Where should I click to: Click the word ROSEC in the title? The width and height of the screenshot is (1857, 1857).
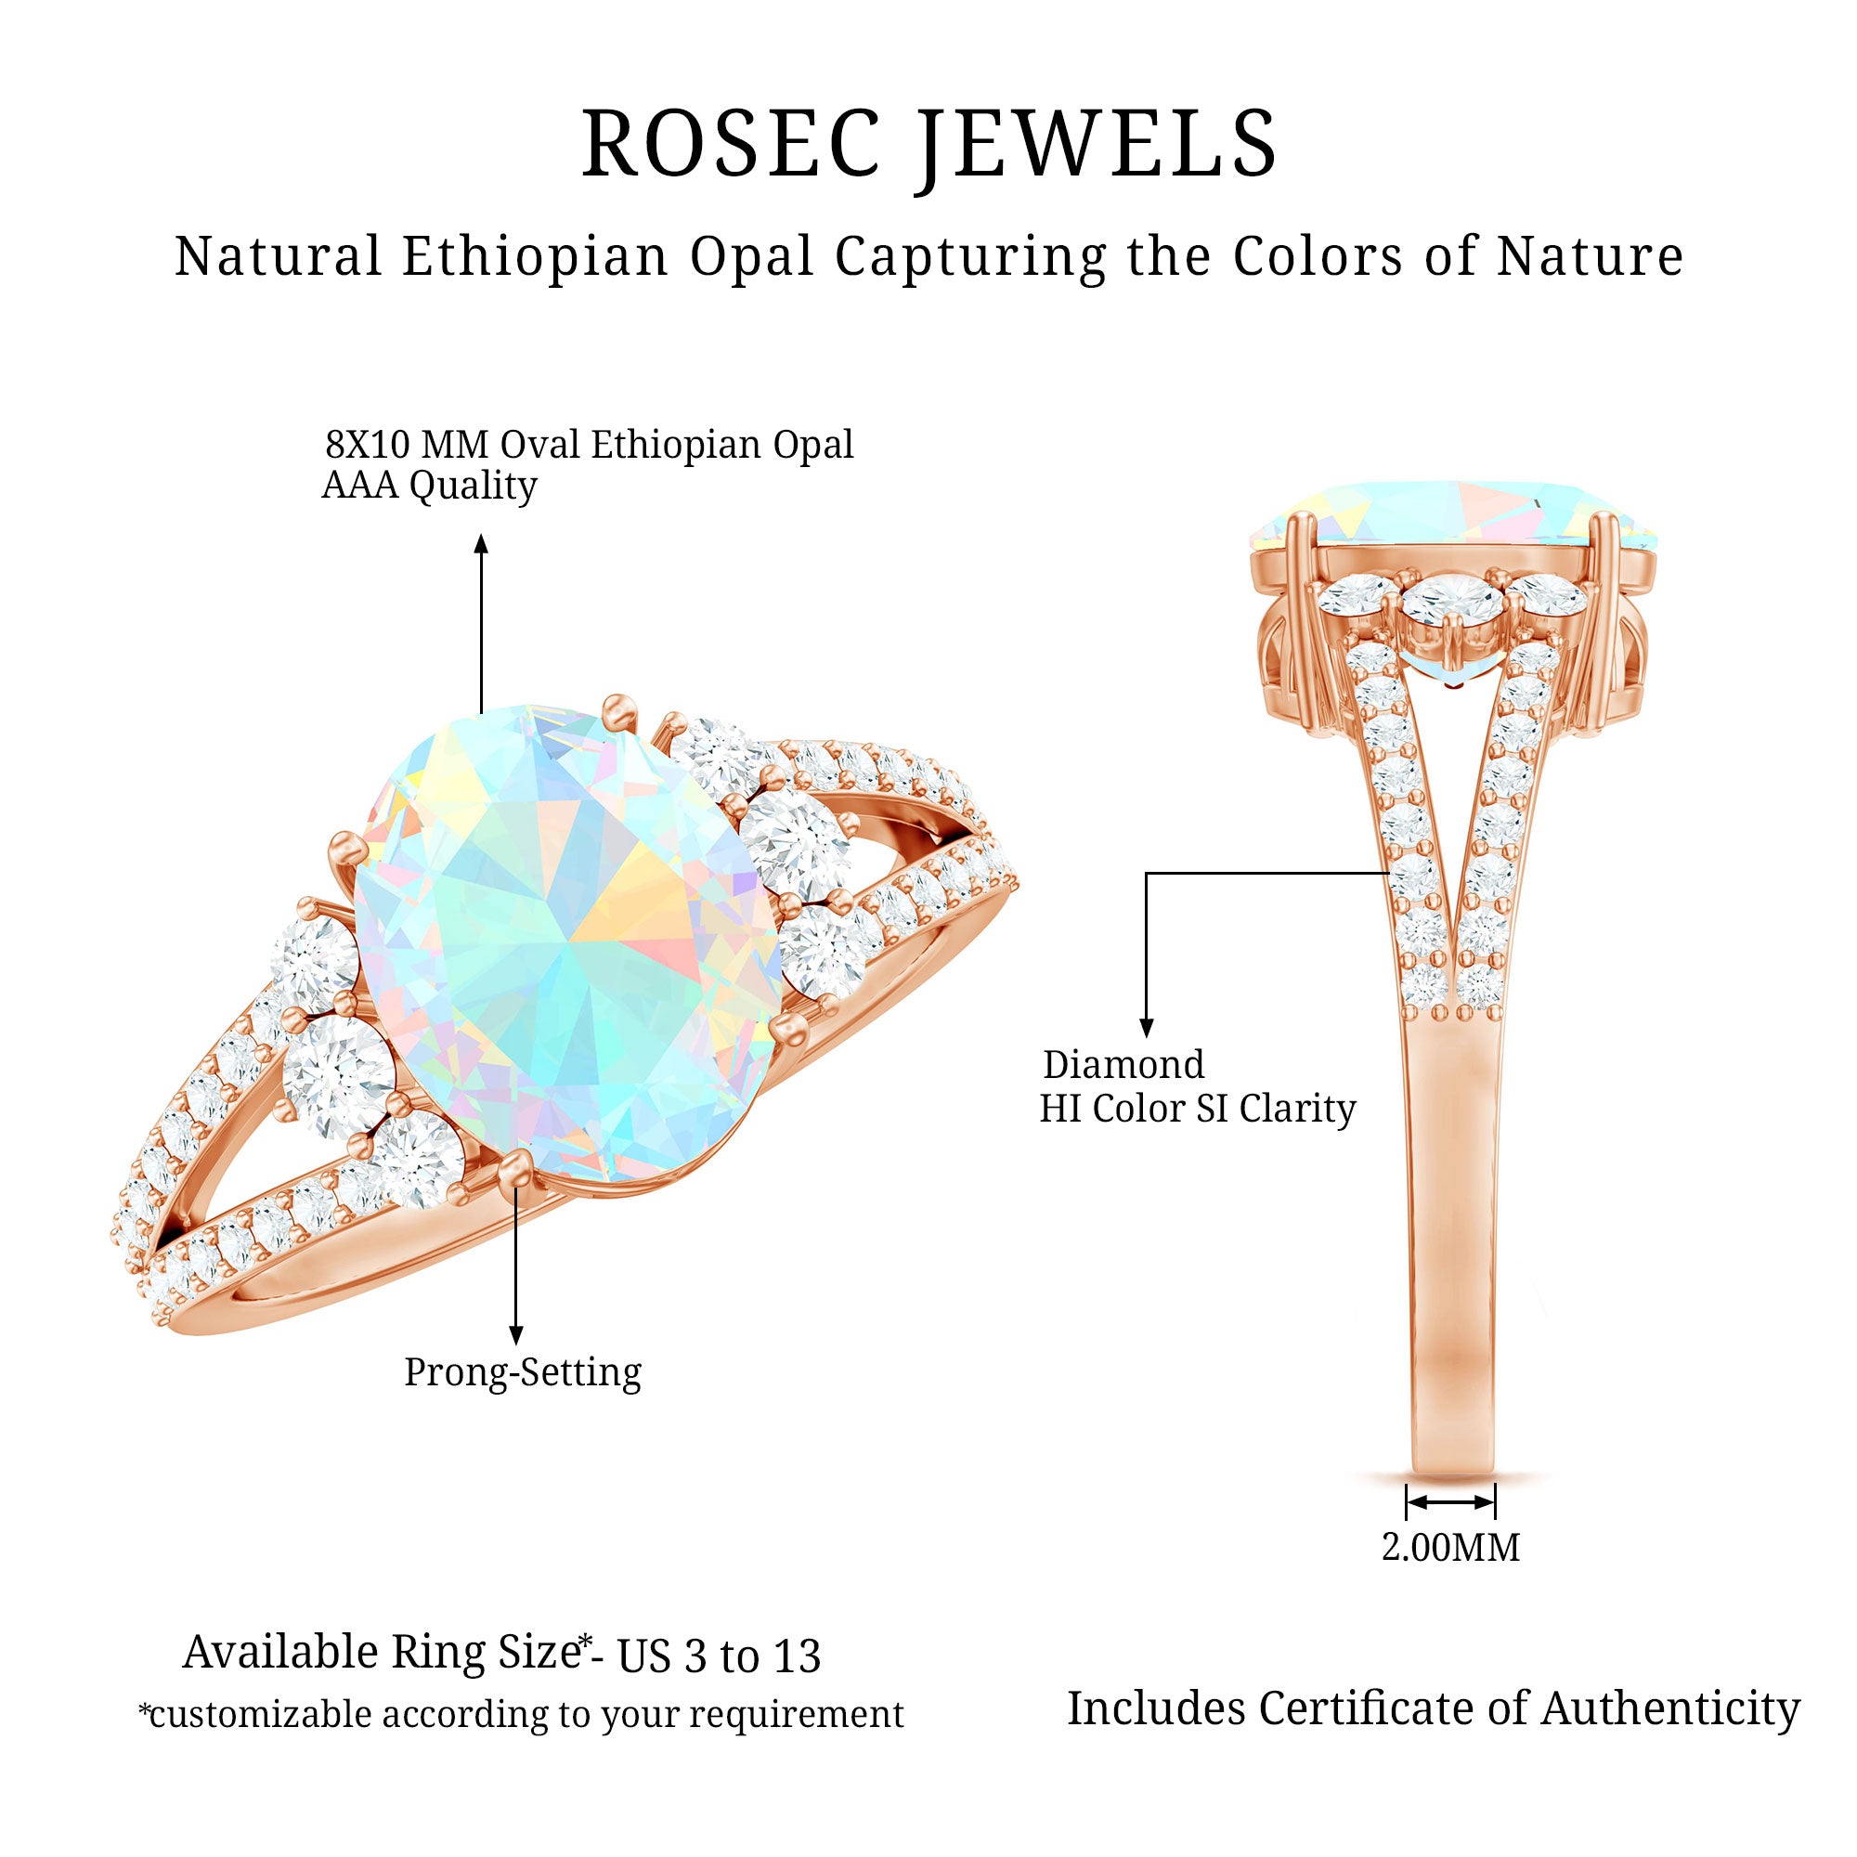(x=731, y=144)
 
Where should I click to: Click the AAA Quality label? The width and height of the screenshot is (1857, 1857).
(x=429, y=486)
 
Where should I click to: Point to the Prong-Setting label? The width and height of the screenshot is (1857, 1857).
(x=522, y=1371)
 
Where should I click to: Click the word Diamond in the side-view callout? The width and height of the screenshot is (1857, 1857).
(x=1123, y=1065)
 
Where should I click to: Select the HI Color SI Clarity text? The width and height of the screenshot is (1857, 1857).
(x=1197, y=1109)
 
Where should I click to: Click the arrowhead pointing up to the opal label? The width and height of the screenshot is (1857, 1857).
(x=482, y=544)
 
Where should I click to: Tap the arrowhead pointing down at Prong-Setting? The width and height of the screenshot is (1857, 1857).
(x=516, y=1335)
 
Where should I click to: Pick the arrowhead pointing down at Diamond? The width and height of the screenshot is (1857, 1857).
(x=1146, y=1028)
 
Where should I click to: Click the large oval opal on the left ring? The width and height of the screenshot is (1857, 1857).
(x=567, y=947)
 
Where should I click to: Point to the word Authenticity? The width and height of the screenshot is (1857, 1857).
(x=1670, y=1709)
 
